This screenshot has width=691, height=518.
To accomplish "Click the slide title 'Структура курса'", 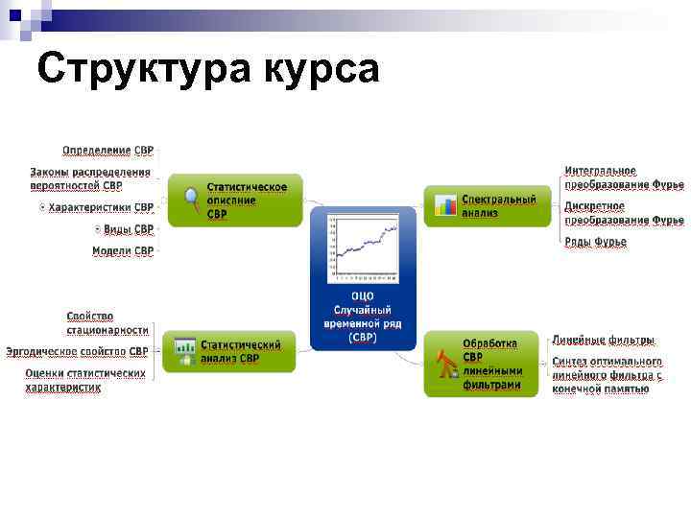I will pyautogui.click(x=209, y=70).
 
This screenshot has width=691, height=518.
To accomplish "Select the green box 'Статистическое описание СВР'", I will pyautogui.click(x=235, y=200).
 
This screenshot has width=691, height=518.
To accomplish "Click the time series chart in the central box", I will pyautogui.click(x=363, y=247).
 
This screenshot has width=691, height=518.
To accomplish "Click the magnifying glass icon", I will pyautogui.click(x=191, y=200).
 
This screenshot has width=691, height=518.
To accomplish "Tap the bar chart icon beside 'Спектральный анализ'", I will pyautogui.click(x=444, y=205).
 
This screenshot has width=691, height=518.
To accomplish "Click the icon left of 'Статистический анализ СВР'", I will pyautogui.click(x=181, y=352).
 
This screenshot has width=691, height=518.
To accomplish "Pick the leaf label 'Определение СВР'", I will pyautogui.click(x=107, y=151).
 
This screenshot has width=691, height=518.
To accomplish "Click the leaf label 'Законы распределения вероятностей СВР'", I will pyautogui.click(x=90, y=178).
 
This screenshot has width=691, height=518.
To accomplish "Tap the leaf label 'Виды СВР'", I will pyautogui.click(x=128, y=229).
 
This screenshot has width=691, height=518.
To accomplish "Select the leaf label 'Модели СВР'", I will pyautogui.click(x=122, y=251).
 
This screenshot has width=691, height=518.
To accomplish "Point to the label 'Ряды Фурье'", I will pyautogui.click(x=595, y=242).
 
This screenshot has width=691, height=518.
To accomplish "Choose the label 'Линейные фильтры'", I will pyautogui.click(x=603, y=340).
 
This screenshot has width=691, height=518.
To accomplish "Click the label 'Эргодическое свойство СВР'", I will pyautogui.click(x=77, y=352).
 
